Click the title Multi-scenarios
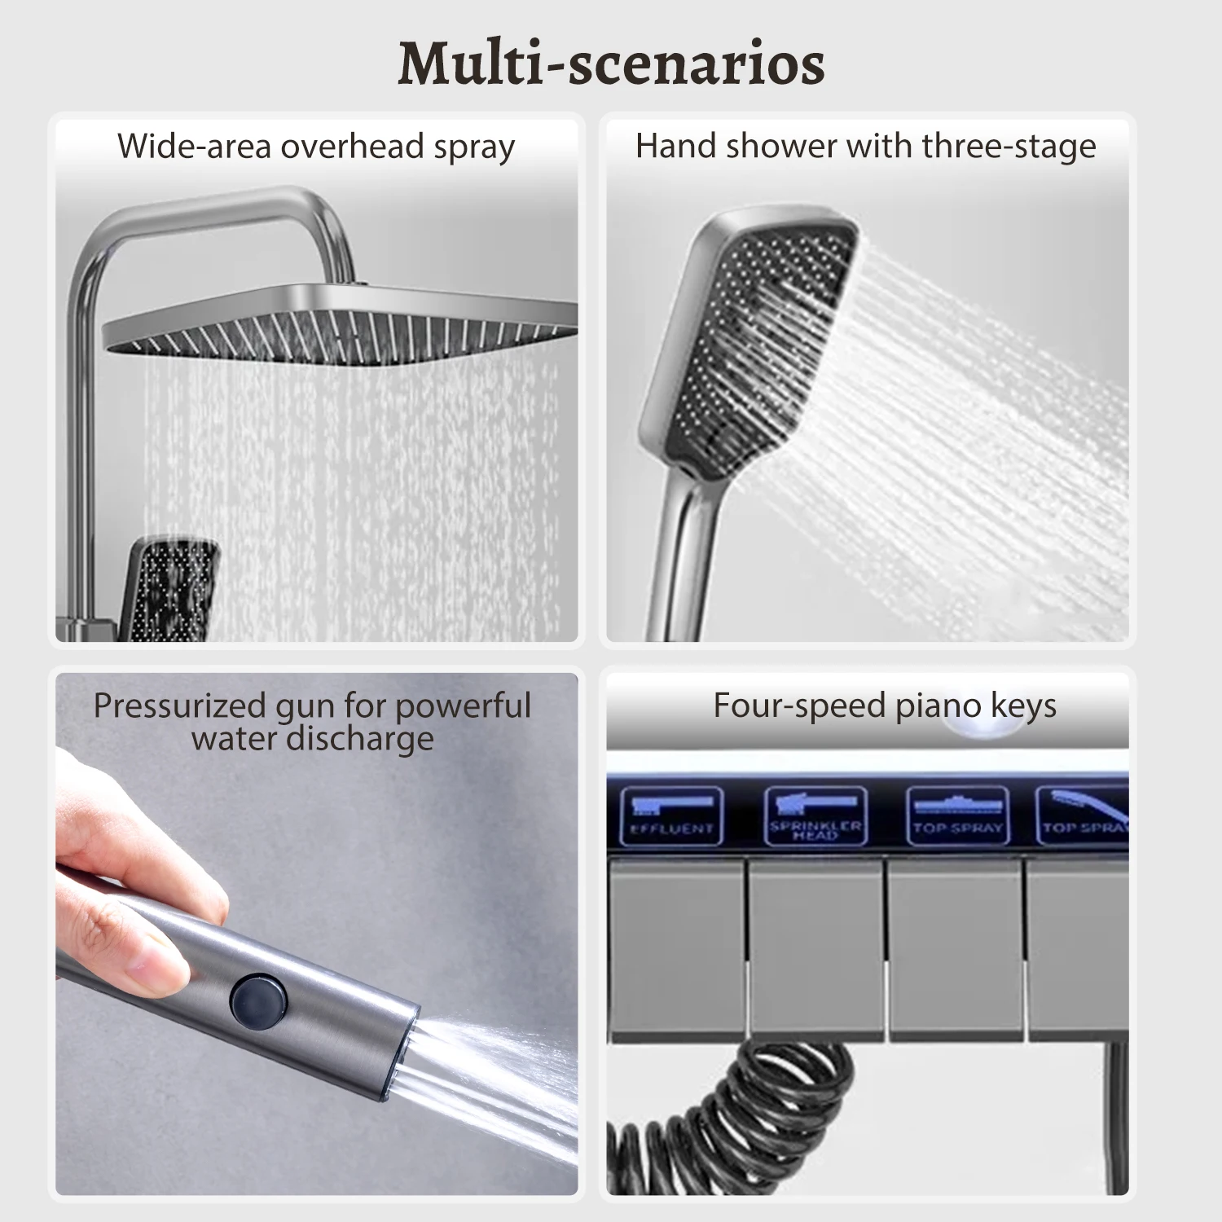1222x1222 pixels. coord(611,64)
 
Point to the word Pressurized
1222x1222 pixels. coord(178,706)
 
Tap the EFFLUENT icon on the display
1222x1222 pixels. coord(671,815)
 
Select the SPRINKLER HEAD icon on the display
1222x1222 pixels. coord(815,815)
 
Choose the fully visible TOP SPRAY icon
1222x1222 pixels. coord(957,815)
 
